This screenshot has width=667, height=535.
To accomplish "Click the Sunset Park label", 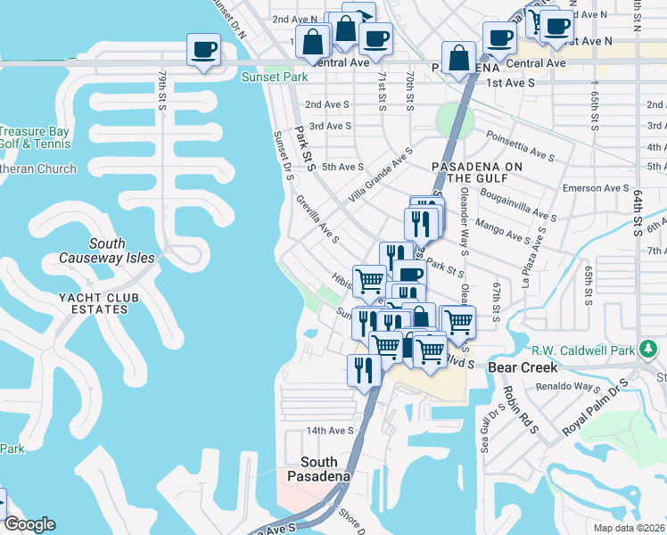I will point(274,78).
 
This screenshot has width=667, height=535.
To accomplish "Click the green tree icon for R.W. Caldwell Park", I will point(653,349).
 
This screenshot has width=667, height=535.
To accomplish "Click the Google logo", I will point(29,524).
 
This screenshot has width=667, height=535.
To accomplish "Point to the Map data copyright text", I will point(630,527).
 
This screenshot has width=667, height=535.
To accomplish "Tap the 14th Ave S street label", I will point(331,430).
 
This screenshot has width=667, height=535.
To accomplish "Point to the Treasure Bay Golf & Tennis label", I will point(34,136).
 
